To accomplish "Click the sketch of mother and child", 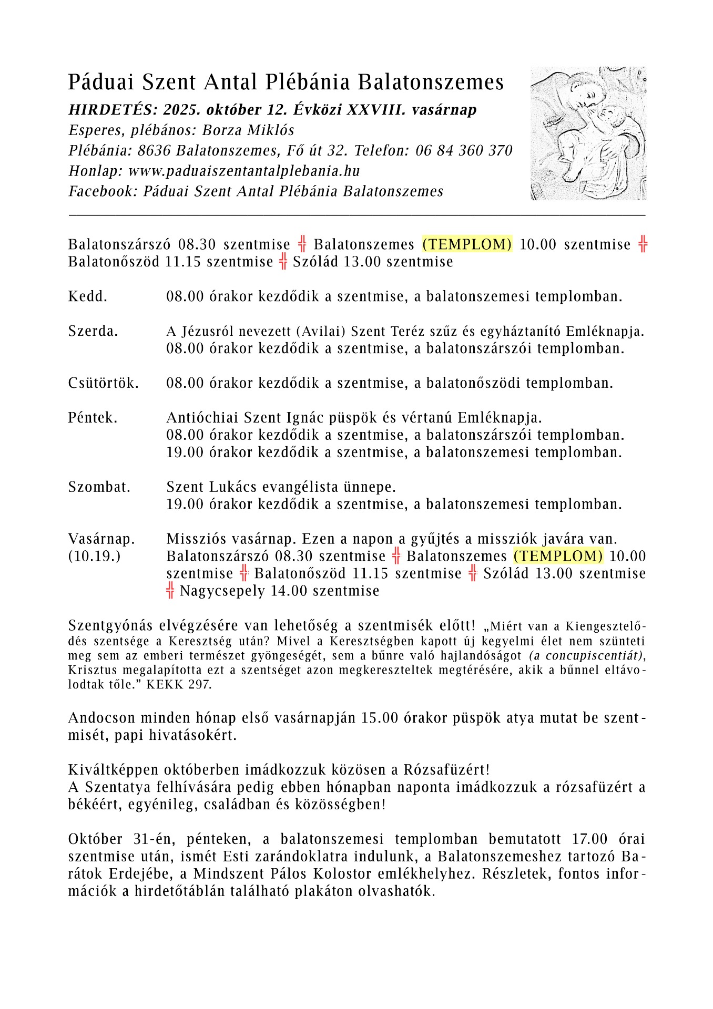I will [588, 133].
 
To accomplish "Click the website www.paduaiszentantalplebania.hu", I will [244, 171].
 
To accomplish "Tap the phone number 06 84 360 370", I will [463, 151].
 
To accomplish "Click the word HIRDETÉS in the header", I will [109, 110].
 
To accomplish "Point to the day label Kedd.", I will [87, 296].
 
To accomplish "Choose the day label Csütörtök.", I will [103, 383].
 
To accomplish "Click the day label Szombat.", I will [99, 487].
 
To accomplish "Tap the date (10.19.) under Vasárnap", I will [94, 556].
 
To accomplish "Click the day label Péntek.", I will [93, 418].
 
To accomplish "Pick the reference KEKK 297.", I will [179, 685].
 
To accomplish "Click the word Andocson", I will [101, 718].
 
